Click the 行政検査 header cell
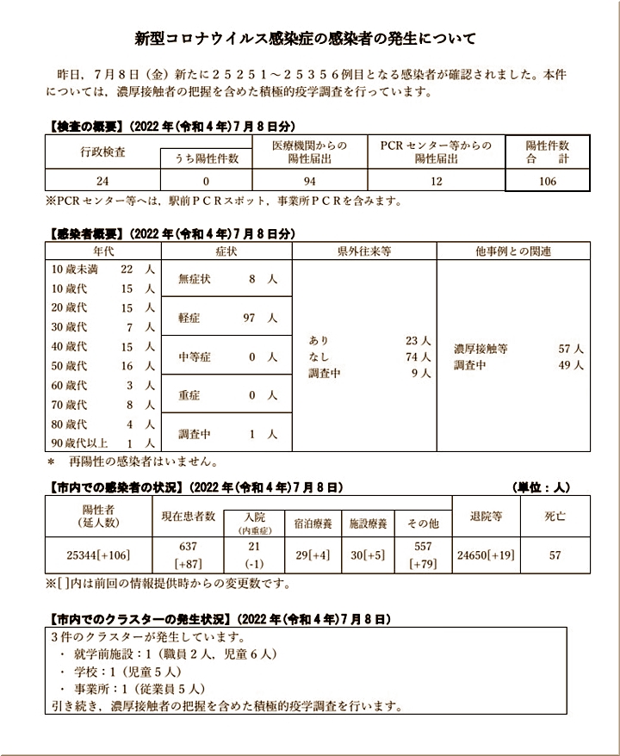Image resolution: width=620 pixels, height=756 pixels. click(102, 151)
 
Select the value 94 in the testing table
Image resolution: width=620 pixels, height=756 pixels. click(309, 182)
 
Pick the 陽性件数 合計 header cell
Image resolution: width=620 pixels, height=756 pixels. click(547, 152)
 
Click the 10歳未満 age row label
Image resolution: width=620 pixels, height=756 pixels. click(75, 269)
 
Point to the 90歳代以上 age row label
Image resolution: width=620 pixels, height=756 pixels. click(79, 443)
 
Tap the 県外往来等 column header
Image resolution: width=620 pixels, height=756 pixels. click(363, 251)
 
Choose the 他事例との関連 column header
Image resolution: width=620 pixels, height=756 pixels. click(513, 251)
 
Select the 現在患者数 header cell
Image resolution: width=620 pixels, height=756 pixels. click(188, 517)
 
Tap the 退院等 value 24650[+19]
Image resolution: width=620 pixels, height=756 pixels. click(487, 555)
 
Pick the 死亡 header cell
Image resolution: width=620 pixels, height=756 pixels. click(555, 517)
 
